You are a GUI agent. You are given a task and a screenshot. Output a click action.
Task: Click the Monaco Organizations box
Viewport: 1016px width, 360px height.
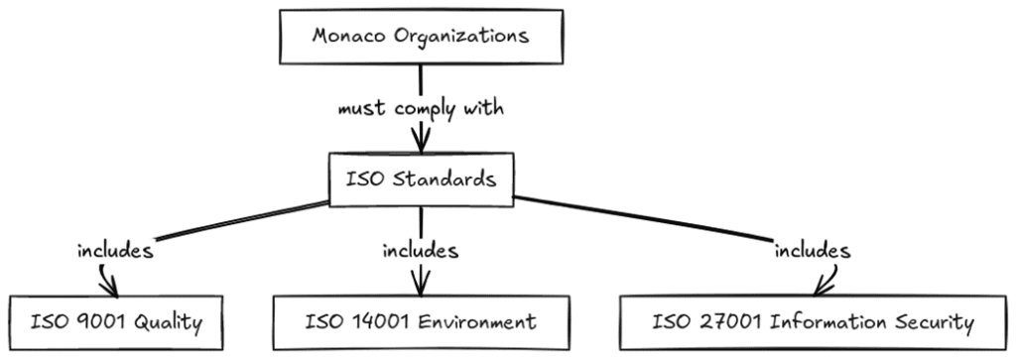tap(421, 37)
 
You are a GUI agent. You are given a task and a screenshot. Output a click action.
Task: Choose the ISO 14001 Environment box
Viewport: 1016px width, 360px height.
tap(420, 321)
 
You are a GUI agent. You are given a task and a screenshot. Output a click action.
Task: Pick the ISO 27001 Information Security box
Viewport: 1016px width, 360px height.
tap(813, 321)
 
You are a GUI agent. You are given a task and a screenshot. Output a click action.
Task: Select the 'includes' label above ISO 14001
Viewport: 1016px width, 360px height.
tap(421, 251)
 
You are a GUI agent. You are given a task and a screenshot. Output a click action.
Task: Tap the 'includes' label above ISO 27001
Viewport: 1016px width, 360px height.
tap(813, 251)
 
